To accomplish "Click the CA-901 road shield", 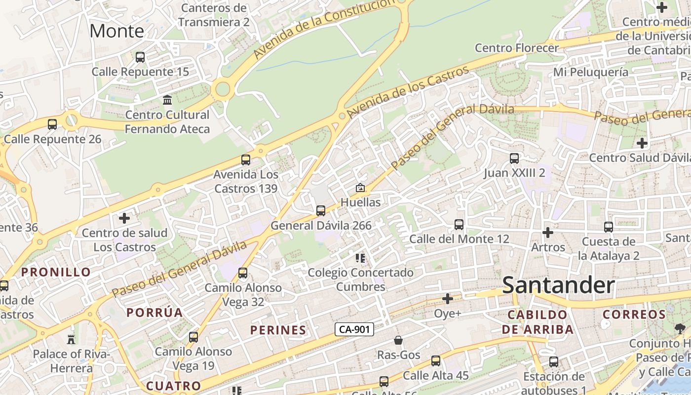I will click(354, 329).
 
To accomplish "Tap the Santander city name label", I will click(558, 285).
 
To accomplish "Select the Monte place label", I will click(117, 31).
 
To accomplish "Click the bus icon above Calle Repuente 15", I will click(140, 57).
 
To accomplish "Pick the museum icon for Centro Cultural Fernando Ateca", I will click(167, 100).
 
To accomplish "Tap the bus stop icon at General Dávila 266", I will click(321, 211).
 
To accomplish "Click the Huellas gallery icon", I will click(360, 188).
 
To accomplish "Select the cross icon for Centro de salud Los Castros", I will click(124, 218).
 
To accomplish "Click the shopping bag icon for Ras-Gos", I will click(398, 340).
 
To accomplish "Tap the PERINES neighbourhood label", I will click(278, 330).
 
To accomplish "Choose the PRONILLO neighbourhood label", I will click(56, 272).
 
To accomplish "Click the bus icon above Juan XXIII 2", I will click(514, 158).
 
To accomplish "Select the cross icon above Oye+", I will click(448, 299).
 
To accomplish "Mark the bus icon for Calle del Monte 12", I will click(459, 225).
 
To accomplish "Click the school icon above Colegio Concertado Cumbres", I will click(360, 258).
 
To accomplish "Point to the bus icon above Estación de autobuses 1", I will click(554, 362).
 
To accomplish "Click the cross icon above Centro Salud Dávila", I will click(642, 143).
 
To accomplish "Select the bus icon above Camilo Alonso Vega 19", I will click(193, 337).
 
